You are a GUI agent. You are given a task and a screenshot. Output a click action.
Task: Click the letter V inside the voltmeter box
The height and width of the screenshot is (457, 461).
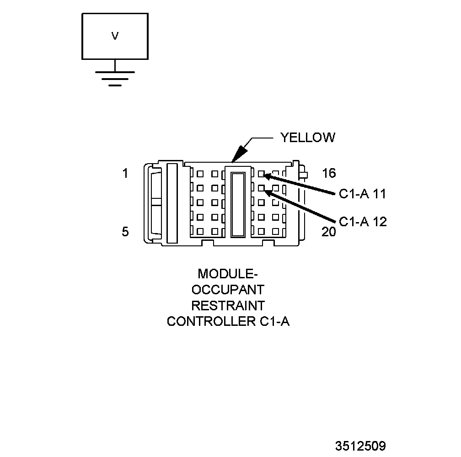(115, 36)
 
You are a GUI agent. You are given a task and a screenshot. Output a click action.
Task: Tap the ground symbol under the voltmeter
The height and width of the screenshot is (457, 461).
(115, 78)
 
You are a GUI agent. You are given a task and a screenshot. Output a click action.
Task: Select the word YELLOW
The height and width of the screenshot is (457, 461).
(307, 138)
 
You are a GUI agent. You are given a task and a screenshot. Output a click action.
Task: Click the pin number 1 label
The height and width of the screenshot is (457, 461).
(125, 174)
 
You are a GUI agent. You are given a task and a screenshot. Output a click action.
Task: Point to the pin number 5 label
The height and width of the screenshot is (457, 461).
(125, 232)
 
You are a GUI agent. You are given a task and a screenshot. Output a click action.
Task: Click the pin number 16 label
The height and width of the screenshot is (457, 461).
(328, 173)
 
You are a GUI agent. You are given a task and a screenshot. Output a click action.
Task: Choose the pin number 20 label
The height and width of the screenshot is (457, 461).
(328, 232)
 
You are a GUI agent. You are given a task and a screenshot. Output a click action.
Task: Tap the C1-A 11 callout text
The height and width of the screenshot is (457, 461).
(363, 194)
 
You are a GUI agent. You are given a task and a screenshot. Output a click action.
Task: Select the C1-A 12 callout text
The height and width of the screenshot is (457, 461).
(363, 222)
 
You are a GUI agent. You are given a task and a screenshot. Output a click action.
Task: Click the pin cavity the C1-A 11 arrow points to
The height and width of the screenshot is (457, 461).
(261, 174)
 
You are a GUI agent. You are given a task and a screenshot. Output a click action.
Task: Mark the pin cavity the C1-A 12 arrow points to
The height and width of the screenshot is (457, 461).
(261, 188)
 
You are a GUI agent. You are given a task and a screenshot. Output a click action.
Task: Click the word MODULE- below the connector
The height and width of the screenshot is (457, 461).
(228, 274)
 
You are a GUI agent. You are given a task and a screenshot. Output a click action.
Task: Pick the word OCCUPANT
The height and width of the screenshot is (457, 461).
(228, 290)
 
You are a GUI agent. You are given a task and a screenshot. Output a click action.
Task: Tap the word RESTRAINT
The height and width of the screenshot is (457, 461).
(228, 305)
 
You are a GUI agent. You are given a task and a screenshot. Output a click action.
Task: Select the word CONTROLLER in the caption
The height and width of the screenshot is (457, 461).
(209, 321)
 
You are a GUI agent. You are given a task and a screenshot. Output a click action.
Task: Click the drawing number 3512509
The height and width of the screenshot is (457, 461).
(360, 446)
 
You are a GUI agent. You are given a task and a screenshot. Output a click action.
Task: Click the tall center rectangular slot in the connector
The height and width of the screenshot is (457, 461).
(238, 204)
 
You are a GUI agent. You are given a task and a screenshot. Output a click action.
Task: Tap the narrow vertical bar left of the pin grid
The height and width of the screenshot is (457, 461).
(172, 203)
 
